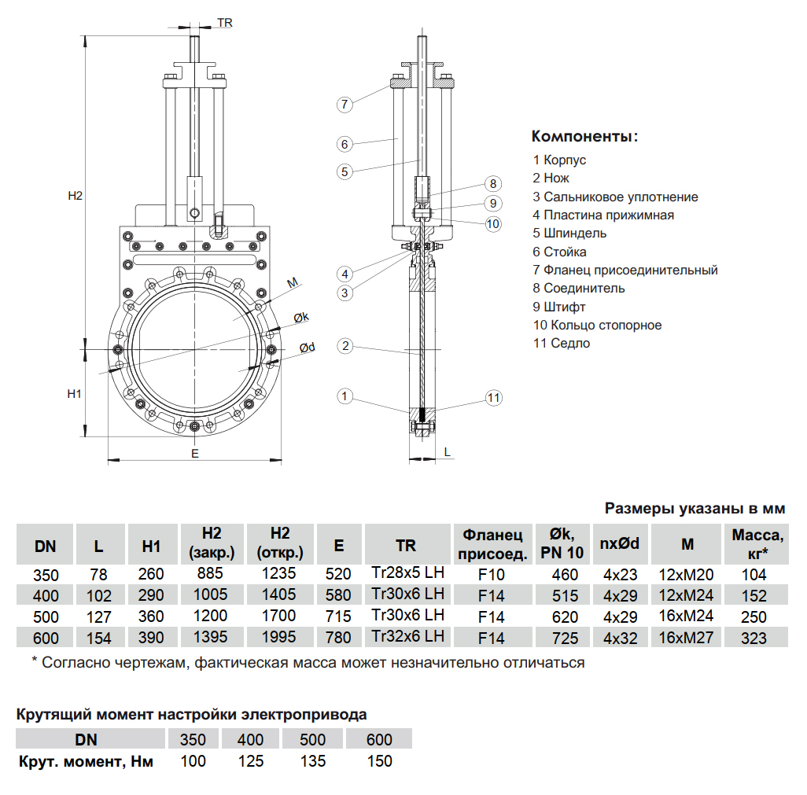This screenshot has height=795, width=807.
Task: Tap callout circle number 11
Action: pos(493,398)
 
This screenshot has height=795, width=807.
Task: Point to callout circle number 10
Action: pos(493,223)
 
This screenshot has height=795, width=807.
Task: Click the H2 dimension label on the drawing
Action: pos(75,196)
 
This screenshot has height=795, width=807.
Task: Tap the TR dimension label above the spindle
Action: pos(224,24)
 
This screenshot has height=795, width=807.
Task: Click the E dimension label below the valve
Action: pos(194,454)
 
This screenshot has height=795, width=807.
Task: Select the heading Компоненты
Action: pos(584,136)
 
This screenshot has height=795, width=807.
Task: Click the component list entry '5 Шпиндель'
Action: pos(569,233)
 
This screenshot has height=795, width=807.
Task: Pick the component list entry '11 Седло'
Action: pos(561,343)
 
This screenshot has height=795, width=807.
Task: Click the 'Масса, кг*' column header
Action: pos(757,543)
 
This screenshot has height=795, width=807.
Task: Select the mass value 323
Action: pos(754,638)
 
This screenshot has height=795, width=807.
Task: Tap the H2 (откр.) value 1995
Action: pos(280,637)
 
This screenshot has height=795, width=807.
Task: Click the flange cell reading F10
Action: pos(492,575)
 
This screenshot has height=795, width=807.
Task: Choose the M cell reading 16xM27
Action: pos(686,637)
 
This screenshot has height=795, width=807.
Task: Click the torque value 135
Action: pos(313,761)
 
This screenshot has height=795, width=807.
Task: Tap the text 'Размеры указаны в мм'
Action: pos(695,509)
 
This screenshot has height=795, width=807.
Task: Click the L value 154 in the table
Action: pos(98,638)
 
